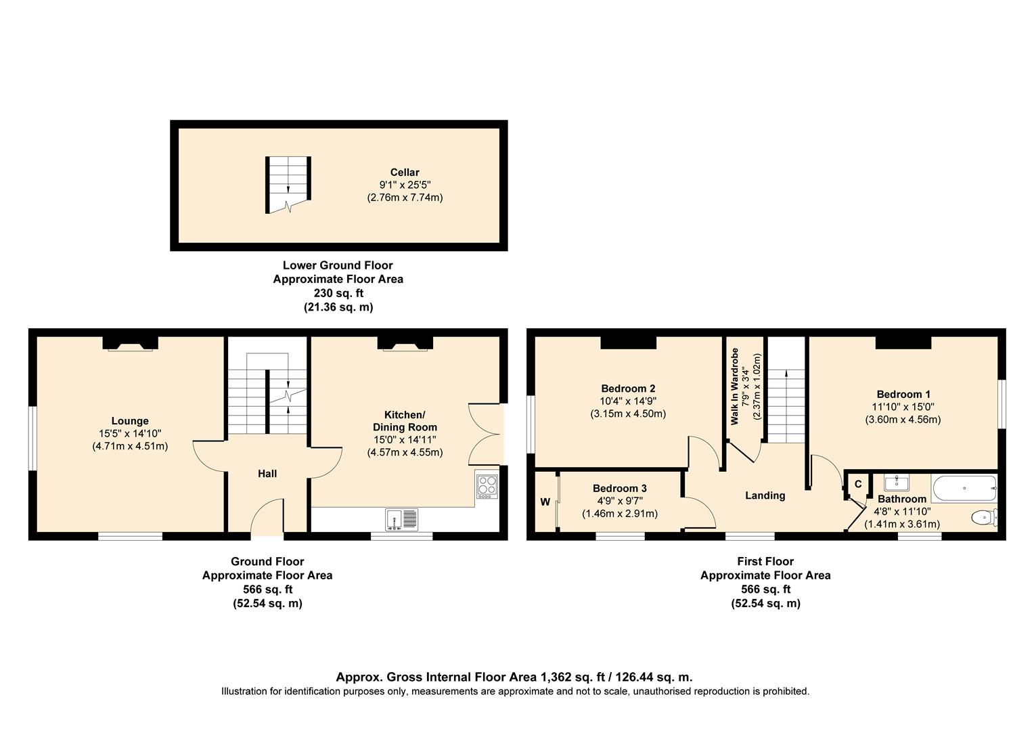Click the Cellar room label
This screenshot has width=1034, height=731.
(x=404, y=172)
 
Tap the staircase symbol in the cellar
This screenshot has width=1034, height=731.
(x=288, y=184)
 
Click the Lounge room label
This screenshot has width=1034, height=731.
(x=130, y=421)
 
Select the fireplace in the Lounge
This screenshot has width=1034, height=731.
(x=130, y=345)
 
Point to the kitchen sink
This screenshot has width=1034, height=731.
(x=402, y=519)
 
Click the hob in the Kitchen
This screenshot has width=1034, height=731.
(x=487, y=486)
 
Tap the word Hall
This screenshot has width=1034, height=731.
(x=267, y=474)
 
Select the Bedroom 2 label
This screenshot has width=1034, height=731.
(x=628, y=389)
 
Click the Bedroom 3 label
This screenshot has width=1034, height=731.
(x=619, y=488)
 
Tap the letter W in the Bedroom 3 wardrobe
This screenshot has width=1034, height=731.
(x=545, y=502)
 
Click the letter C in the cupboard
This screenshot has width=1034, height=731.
(x=858, y=484)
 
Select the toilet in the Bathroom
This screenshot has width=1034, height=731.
(x=983, y=518)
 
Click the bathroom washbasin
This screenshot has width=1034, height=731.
(x=897, y=483)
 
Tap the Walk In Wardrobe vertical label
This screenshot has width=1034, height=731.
(x=734, y=387)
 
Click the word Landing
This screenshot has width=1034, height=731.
(x=765, y=495)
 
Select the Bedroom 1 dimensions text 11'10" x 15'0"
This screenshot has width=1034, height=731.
(x=903, y=407)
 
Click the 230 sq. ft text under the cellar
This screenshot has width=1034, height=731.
(x=338, y=293)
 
